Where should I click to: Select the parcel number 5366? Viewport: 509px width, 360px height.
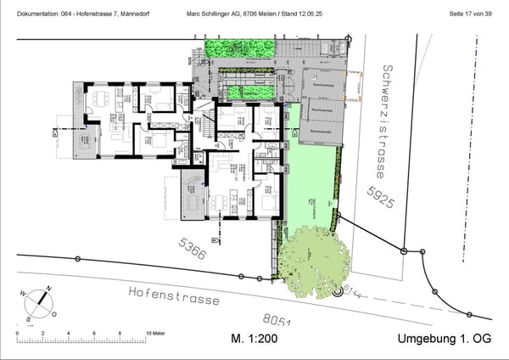[193, 249]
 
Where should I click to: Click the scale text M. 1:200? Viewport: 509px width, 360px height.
[255, 339]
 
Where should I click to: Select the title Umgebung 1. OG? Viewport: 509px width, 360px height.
[444, 339]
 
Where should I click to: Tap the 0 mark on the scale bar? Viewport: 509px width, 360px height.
[17, 333]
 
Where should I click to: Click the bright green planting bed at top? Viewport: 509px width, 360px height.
[246, 49]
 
